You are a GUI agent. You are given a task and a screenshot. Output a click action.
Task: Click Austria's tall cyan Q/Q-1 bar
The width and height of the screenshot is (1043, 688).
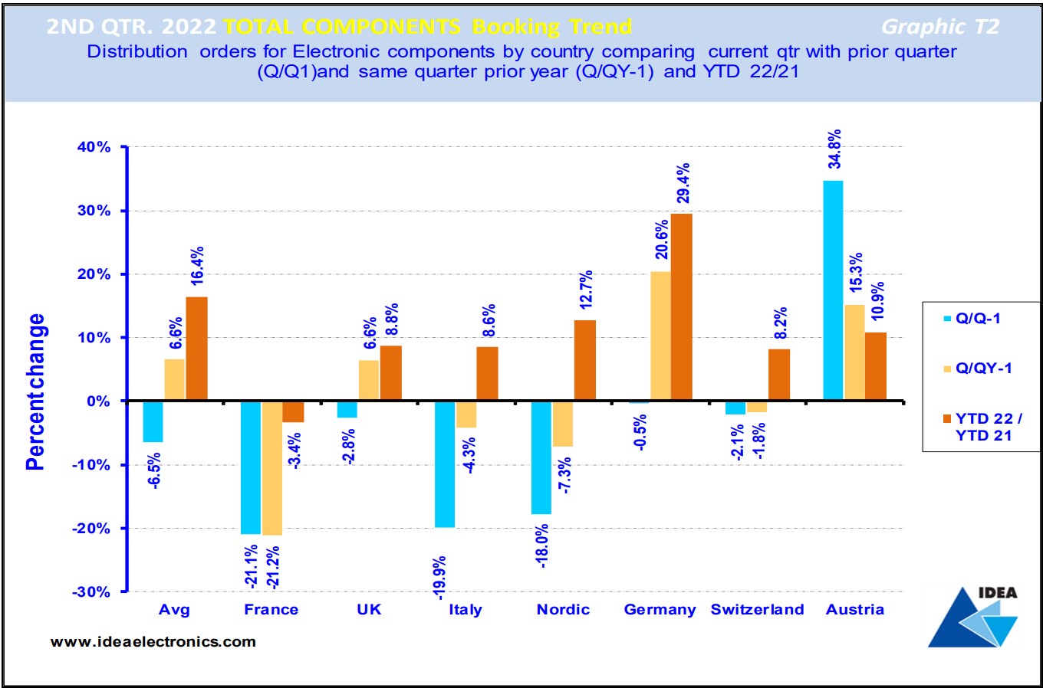833,290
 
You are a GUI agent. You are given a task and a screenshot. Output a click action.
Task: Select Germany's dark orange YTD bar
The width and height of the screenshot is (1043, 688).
681,306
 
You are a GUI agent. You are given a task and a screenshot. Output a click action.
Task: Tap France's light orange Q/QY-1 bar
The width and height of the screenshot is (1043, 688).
271,468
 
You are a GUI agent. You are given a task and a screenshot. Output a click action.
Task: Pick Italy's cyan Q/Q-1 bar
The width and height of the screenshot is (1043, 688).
445,464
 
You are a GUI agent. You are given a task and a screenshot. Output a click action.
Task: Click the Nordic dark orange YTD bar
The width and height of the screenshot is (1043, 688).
584,360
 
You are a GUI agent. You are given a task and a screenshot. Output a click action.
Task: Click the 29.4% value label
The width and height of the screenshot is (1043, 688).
683,183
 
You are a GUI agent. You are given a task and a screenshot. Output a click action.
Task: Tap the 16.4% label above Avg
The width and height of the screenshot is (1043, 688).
197,266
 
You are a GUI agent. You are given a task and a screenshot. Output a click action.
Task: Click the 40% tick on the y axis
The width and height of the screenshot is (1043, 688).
94,147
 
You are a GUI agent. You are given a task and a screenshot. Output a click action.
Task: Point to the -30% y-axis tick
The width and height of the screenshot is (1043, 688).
92,592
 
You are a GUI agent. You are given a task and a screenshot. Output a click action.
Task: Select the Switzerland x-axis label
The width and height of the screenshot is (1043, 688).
757,610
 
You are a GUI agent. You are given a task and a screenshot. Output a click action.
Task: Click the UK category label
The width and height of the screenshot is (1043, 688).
369,610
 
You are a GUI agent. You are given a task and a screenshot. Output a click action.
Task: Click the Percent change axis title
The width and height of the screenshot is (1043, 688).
36,392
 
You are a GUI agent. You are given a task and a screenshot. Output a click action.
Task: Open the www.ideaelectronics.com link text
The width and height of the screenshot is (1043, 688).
153,642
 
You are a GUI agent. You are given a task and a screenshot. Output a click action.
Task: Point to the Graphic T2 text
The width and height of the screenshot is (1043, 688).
940,28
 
